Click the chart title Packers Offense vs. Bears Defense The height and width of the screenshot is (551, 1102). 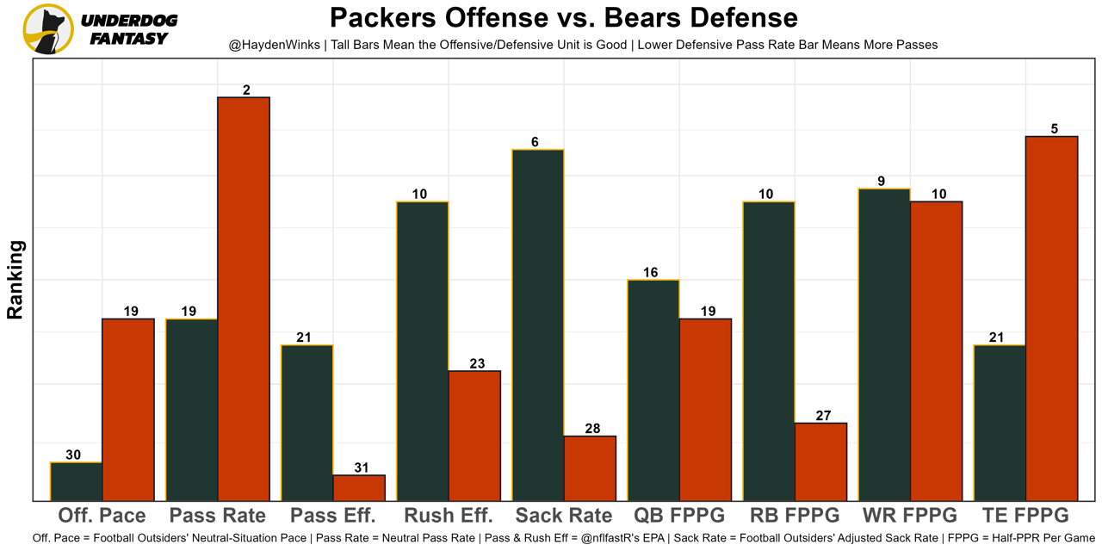coord(563,17)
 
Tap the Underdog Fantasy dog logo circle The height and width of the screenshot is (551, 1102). coord(48,29)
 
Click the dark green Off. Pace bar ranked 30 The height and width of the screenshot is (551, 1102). coord(77,481)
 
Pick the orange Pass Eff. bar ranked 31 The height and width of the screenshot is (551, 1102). coord(359,487)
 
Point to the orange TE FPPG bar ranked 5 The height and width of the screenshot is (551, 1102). coord(1051,318)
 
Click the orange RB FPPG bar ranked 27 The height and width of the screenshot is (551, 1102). coord(820,461)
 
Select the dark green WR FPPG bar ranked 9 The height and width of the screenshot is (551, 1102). coord(884,344)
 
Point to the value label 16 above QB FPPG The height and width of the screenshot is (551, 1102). coord(650,272)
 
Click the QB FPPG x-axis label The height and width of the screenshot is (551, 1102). coord(679,516)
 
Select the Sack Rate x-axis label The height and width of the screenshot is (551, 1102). coord(564,516)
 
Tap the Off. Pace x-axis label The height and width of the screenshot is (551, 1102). coord(102,516)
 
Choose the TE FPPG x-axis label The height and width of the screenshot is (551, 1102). coord(1025,516)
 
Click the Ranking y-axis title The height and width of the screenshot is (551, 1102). coord(15,280)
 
